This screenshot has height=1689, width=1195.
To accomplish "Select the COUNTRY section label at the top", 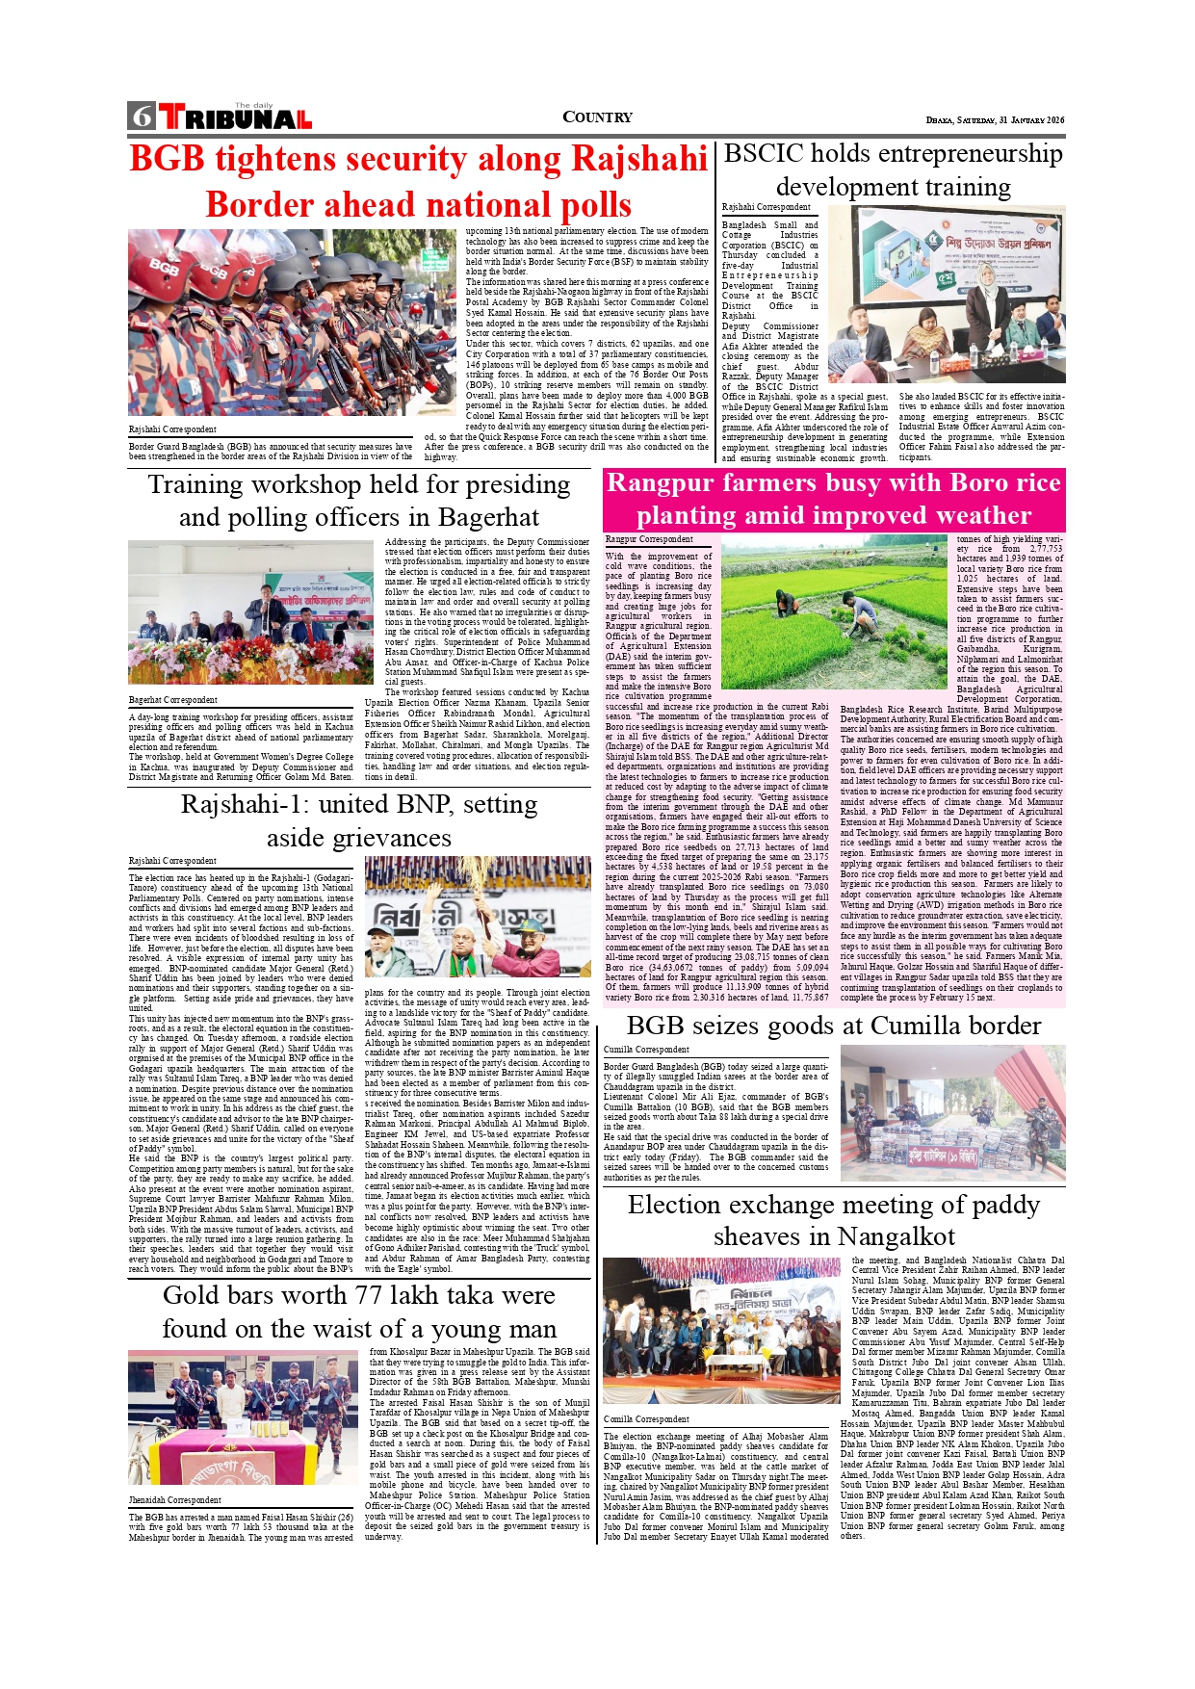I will point(597,117).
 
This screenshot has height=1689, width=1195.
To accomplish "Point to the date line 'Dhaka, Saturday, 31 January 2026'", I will point(995,120).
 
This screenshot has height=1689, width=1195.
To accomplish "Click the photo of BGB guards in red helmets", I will point(292,323).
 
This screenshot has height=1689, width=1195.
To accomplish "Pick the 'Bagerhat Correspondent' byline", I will point(173,700).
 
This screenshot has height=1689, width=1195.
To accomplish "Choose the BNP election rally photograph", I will point(478,917).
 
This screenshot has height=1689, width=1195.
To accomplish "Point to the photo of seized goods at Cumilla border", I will point(952,1113).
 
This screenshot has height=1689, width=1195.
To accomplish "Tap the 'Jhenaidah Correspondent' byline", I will point(175,1499).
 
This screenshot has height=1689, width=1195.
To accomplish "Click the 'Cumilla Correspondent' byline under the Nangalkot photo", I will point(646,1419).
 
